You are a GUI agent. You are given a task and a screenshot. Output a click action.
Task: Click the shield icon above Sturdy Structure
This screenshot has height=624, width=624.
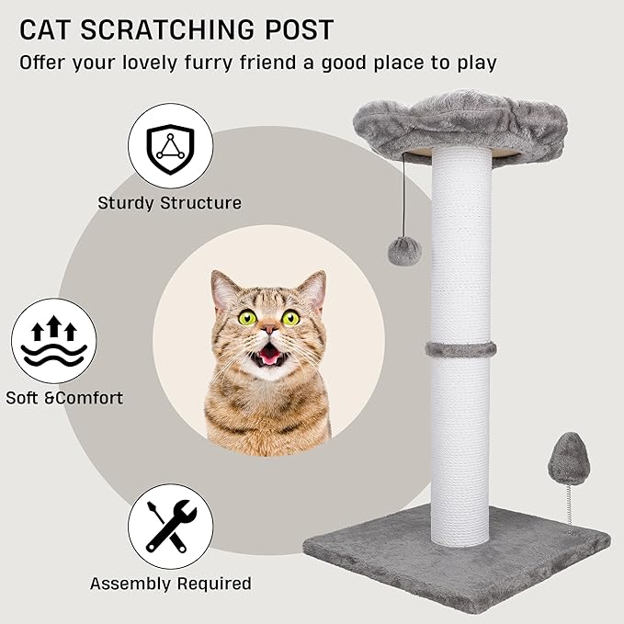click(169, 142)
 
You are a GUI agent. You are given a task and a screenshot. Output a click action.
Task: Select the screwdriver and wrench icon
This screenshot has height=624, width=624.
click(170, 525)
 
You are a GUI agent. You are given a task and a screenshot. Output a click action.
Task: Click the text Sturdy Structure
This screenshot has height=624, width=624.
click(170, 203)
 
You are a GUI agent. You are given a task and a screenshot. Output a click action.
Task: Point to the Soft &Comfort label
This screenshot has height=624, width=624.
click(64, 398)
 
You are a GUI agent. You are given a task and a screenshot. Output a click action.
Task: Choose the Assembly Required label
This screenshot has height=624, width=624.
click(170, 583)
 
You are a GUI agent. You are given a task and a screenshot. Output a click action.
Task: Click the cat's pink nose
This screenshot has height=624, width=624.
click(268, 328)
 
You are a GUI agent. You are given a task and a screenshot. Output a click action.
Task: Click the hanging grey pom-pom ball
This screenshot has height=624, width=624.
click(404, 250)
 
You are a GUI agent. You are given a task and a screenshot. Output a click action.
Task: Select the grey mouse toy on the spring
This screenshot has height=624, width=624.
click(562, 458)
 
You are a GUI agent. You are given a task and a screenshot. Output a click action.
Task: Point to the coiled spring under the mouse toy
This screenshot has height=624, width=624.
click(569, 504)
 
